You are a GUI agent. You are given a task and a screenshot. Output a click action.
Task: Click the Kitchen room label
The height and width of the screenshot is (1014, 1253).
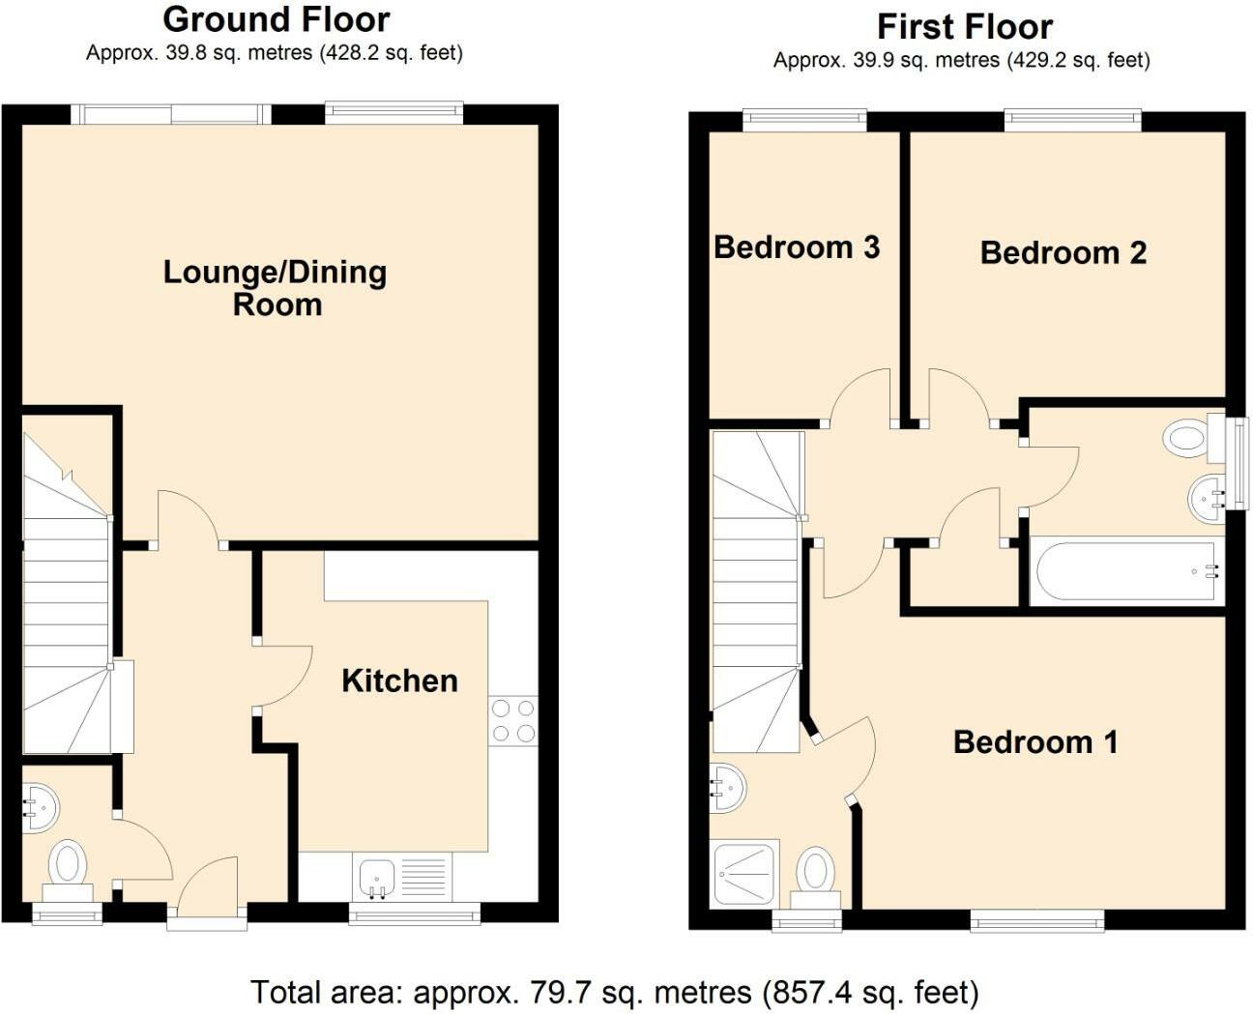399,681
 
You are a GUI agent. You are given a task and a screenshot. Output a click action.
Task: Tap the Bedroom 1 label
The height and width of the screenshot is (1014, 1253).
1034,741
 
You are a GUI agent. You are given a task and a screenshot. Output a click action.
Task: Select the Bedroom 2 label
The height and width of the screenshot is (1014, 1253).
1063,253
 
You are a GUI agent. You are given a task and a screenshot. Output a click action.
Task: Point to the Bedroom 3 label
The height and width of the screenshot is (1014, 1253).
797,247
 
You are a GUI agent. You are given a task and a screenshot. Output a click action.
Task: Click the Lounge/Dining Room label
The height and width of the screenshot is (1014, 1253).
276,288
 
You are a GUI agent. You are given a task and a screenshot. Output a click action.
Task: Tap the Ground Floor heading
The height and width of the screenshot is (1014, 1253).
276,20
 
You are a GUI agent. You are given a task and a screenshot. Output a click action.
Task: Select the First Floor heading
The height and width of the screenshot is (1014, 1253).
965,27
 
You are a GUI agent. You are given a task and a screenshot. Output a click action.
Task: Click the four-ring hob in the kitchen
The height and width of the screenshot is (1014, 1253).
513,721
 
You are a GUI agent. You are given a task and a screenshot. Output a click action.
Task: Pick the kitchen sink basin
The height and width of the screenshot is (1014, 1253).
376,879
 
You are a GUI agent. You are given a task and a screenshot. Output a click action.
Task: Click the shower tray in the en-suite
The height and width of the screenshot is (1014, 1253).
745,874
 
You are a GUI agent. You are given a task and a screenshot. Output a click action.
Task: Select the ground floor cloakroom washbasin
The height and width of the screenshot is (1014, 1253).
40,808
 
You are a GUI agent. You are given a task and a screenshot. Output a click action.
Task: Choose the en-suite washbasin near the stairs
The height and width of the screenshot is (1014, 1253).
728,789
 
